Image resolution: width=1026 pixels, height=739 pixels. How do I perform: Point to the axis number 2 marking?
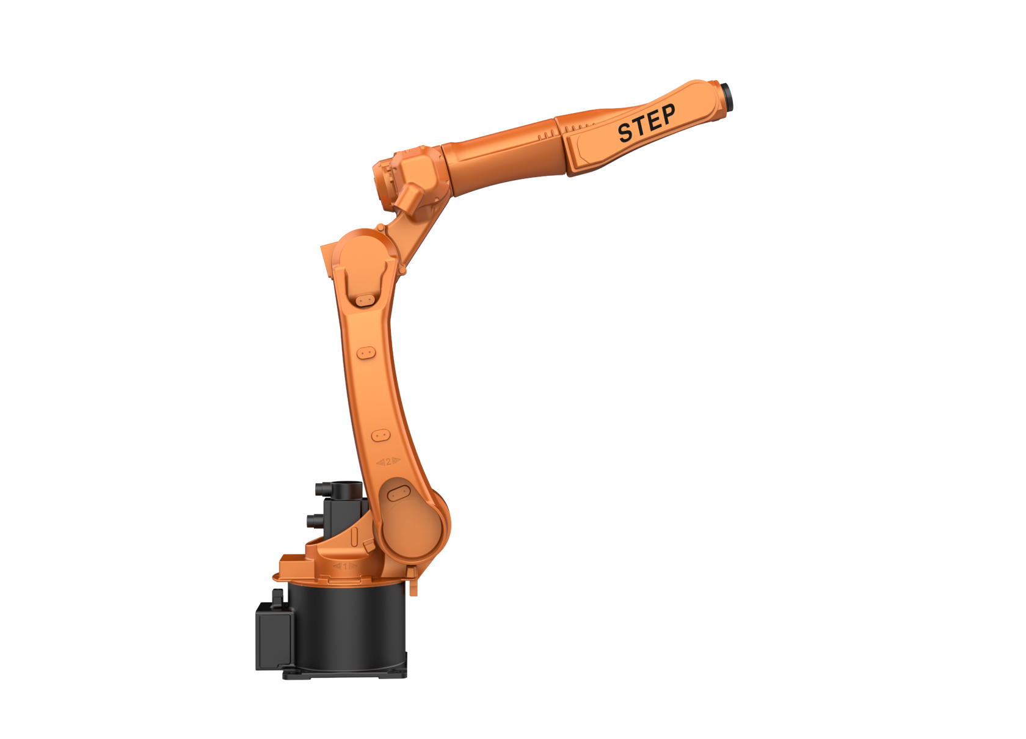[x=388, y=461]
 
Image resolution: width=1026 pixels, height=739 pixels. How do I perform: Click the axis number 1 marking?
[x=345, y=567]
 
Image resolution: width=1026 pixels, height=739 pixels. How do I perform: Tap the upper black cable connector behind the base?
[x=322, y=489]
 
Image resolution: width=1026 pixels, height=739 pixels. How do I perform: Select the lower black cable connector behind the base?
[x=315, y=520]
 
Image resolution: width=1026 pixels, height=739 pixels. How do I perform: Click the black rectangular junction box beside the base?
[x=274, y=636]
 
